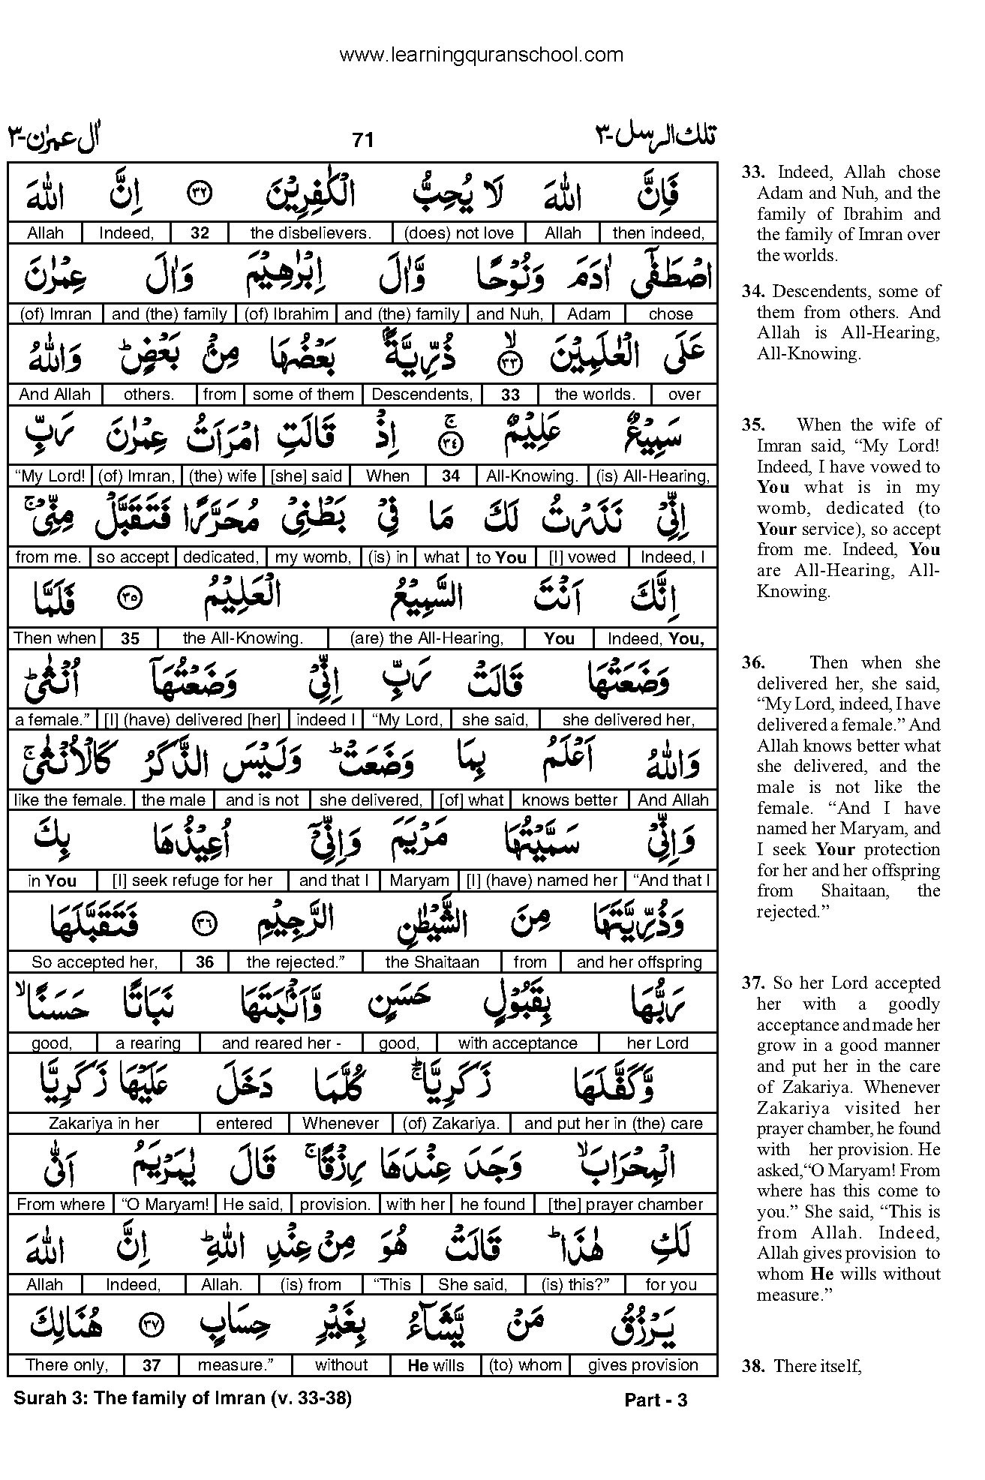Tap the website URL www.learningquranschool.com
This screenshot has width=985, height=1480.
pos(481,55)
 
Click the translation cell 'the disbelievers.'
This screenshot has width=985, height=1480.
pos(311,233)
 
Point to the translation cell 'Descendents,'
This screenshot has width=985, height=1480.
pos(422,395)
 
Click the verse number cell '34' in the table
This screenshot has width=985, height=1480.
pos(451,476)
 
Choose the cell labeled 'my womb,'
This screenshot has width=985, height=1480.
pos(313,557)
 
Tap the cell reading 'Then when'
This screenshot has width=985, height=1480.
pos(55,638)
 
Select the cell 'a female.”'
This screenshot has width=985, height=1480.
pos(53,720)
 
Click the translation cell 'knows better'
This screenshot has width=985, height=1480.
pos(569,800)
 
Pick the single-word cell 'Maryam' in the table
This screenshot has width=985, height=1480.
pos(419,881)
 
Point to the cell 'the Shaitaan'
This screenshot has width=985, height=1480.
pos(432,962)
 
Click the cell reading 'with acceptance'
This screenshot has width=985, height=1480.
pos(518,1043)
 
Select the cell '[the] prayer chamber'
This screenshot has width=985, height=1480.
pos(626,1205)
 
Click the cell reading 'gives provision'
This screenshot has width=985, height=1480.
pos(643,1365)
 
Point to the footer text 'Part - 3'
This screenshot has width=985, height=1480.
pos(656,1399)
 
